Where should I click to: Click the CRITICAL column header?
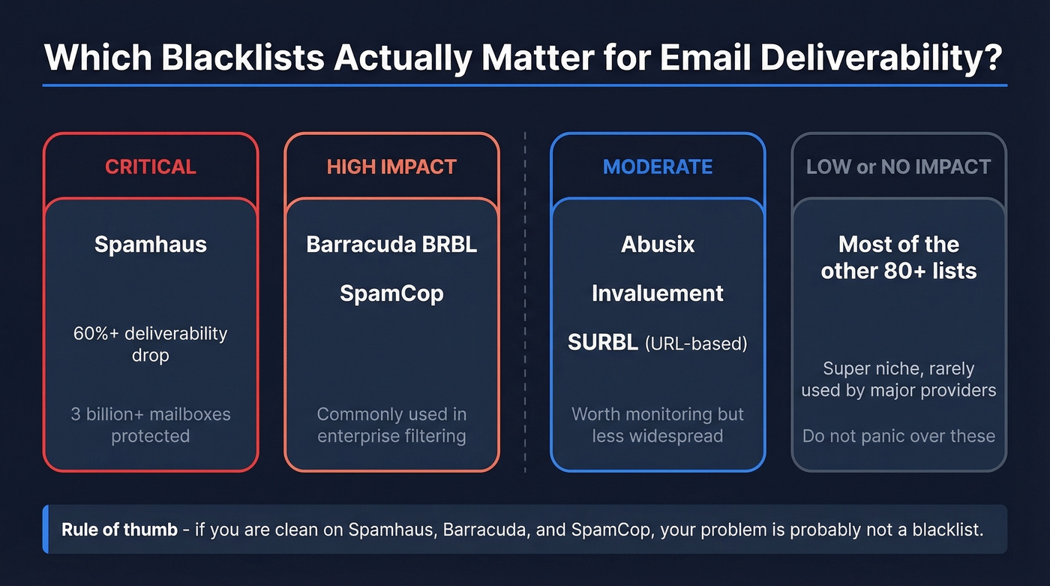coord(150,167)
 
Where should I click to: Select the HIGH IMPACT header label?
coord(391,167)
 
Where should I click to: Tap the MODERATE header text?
coord(658,167)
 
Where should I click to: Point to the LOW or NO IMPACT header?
coord(898,167)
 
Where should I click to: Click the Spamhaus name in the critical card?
coord(150,245)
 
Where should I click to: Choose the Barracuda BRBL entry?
coord(391,245)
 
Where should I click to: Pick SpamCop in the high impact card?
coord(391,293)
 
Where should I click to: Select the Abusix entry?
coord(658,245)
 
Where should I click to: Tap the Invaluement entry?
coord(658,293)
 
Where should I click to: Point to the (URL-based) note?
coord(696,344)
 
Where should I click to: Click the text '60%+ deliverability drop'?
coord(150,344)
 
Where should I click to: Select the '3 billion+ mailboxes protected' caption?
coord(150,425)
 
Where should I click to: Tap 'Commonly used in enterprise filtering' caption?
coord(391,425)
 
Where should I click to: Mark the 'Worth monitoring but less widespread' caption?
coord(658,425)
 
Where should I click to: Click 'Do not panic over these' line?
coord(898,436)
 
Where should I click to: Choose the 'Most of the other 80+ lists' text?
coord(898,257)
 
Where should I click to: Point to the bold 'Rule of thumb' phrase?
coord(119,529)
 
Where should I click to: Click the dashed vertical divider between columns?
coord(524,300)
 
